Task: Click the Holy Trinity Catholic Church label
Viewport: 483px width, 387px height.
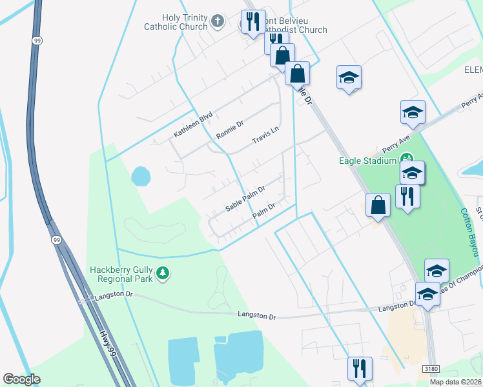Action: (x=176, y=22)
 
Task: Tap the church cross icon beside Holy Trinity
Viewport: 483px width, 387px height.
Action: (x=218, y=21)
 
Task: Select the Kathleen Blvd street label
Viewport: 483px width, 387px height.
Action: (x=192, y=125)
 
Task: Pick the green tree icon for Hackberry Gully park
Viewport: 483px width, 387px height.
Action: (x=163, y=274)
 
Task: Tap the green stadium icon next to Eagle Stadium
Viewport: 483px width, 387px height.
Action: (x=407, y=158)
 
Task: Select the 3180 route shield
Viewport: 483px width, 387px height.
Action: (x=431, y=369)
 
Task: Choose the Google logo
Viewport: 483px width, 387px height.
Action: (x=21, y=379)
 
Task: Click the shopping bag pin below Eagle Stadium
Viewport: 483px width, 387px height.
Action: (x=378, y=206)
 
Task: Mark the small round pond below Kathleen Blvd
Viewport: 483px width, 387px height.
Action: (x=140, y=175)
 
